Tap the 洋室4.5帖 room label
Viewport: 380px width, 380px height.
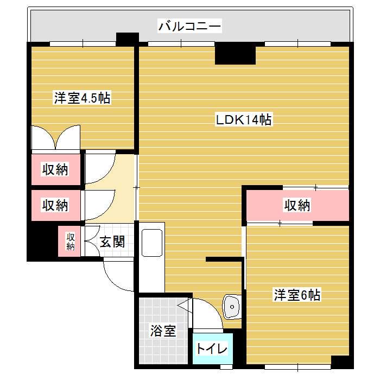(82, 98)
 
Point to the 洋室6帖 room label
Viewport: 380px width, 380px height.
(297, 295)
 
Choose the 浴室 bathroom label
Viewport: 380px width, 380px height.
(163, 331)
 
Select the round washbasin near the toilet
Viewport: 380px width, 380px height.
(232, 307)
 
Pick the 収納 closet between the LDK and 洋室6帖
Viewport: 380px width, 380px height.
(297, 205)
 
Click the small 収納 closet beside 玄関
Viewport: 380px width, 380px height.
(71, 241)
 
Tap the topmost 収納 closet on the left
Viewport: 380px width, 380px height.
(56, 169)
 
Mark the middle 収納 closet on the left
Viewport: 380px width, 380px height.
(56, 205)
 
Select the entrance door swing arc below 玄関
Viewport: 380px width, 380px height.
(116, 274)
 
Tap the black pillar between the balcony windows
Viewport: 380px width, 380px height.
(128, 40)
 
